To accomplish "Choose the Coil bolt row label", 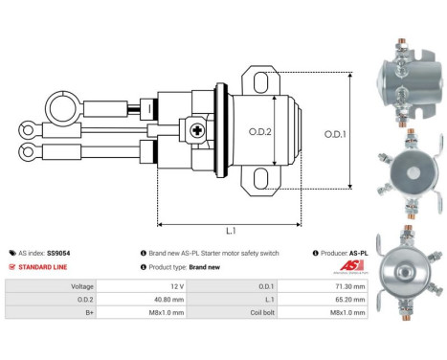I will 256,312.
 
